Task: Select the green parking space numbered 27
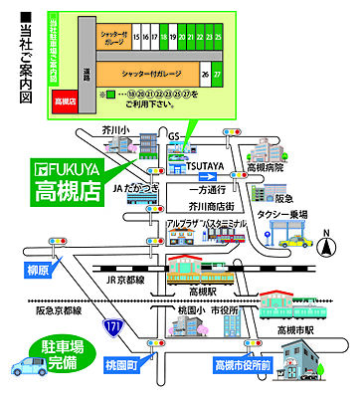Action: coord(218,74)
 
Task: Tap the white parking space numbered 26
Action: coord(205,74)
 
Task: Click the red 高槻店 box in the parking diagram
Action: coord(65,100)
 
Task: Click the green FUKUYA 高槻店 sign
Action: coord(68,178)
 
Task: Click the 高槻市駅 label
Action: coord(294,328)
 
